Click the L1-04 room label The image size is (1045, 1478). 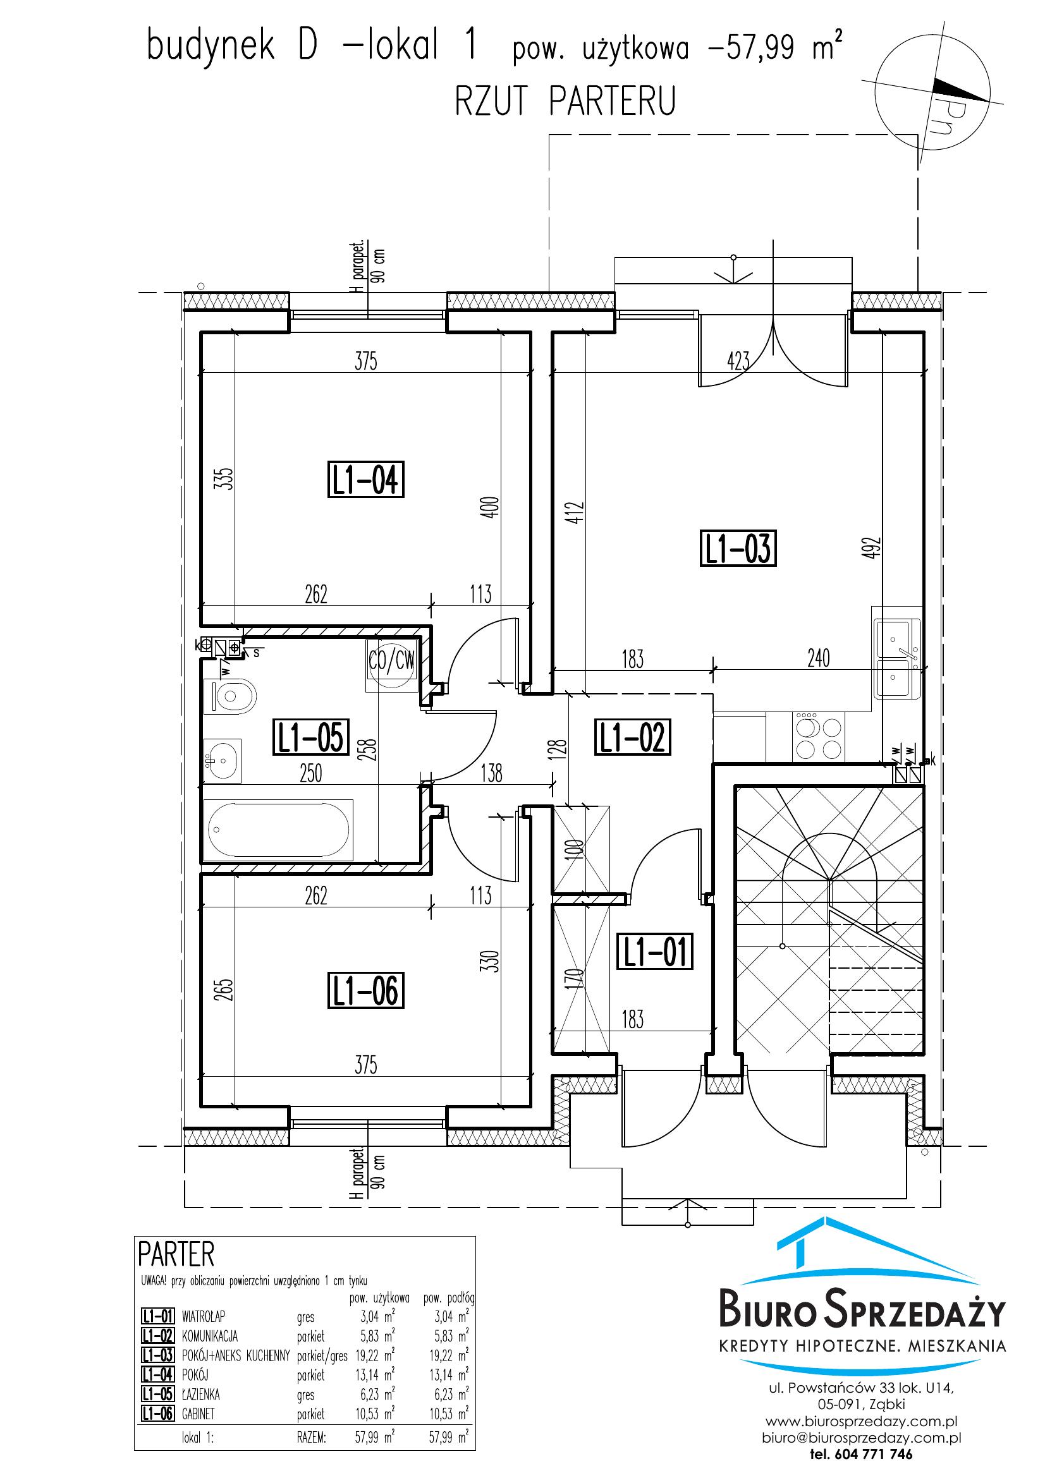[x=365, y=480]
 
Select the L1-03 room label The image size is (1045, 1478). [x=738, y=548]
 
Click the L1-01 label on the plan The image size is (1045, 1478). [x=655, y=952]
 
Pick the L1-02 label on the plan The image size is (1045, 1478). [x=632, y=737]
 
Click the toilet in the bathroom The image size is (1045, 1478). [x=230, y=696]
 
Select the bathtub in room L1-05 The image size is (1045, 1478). [x=278, y=830]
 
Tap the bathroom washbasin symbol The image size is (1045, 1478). [x=222, y=760]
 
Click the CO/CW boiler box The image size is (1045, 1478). [x=391, y=665]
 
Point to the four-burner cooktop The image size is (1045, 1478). [x=820, y=737]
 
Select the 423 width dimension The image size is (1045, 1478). [x=738, y=361]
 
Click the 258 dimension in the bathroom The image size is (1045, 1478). [x=370, y=749]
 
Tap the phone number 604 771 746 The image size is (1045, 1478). [x=873, y=1453]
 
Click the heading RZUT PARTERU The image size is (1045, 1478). [x=565, y=102]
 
